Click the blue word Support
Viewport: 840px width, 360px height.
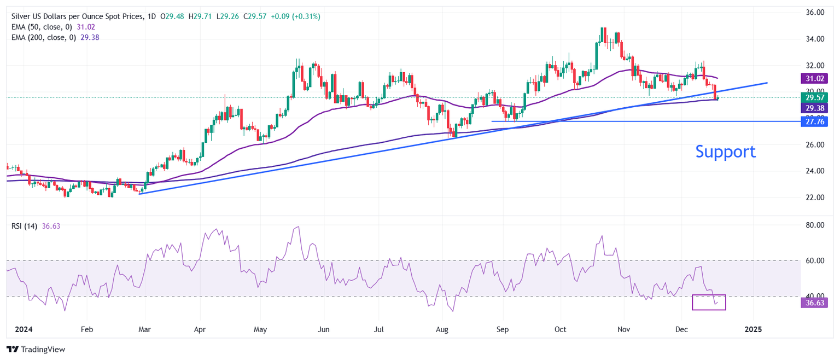coord(725,152)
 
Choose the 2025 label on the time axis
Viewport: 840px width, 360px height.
coord(753,330)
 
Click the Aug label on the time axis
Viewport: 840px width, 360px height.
coord(442,330)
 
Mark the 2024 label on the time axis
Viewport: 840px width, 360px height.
coord(25,330)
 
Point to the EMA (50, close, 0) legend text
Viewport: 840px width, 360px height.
coord(41,27)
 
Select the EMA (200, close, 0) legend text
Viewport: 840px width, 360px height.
coord(43,37)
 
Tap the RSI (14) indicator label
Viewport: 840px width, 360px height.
coord(24,226)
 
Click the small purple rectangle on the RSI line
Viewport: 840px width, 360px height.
coord(709,302)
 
